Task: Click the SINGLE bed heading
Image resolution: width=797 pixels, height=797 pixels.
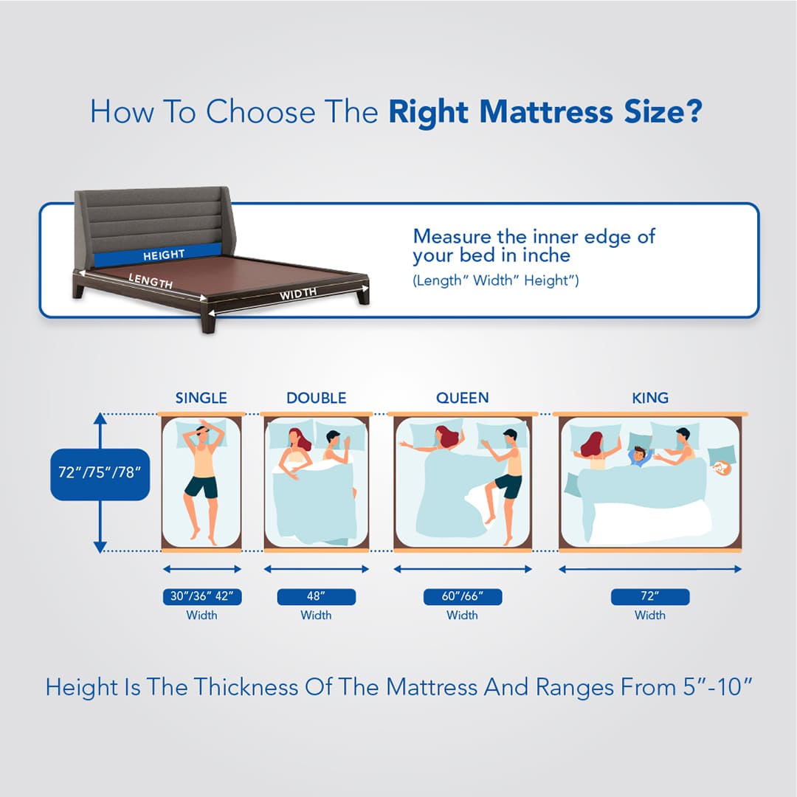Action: coord(201,398)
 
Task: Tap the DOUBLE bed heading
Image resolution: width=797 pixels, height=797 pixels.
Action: coord(316,398)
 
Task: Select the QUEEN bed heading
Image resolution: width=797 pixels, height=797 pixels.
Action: coord(462,398)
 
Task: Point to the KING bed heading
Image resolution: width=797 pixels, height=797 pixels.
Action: coord(650,398)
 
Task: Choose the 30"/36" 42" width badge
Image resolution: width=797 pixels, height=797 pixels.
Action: coord(201,596)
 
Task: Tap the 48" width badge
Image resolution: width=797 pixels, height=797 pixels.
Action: coord(316,596)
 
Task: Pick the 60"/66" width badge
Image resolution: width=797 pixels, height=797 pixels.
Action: coord(462,596)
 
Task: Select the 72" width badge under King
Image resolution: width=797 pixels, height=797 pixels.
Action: coord(650,596)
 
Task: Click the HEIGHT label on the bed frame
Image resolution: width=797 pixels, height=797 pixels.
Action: coord(164,255)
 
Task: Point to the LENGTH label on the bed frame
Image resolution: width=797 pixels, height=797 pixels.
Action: coord(151,281)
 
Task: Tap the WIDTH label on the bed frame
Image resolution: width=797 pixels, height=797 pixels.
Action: coord(298,293)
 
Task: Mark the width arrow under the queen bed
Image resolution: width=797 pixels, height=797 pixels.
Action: coord(462,569)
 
